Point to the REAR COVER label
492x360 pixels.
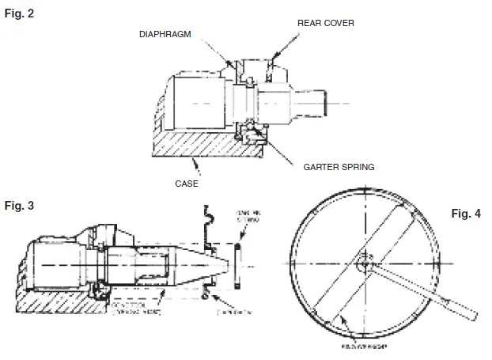[325, 24]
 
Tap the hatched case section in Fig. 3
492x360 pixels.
[47, 305]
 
